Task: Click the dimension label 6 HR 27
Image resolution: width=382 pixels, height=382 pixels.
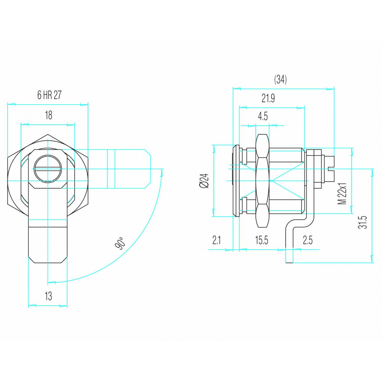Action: pyautogui.click(x=49, y=95)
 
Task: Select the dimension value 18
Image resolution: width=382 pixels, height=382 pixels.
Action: pyautogui.click(x=49, y=115)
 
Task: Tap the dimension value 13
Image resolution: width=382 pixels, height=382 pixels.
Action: pyautogui.click(x=48, y=296)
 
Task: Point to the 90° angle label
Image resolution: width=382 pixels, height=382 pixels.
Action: pyautogui.click(x=120, y=243)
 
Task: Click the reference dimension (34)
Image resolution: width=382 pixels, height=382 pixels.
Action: pyautogui.click(x=280, y=79)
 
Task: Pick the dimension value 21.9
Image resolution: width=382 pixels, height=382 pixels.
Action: pyautogui.click(x=268, y=99)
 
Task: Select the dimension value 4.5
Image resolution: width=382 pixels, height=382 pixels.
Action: pyautogui.click(x=263, y=117)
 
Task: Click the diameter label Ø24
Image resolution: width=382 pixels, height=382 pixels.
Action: pyautogui.click(x=204, y=181)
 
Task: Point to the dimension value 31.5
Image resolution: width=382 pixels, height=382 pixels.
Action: pyautogui.click(x=363, y=222)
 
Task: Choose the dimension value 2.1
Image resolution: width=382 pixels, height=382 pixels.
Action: pyautogui.click(x=216, y=240)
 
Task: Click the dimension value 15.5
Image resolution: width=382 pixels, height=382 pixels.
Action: pyautogui.click(x=261, y=240)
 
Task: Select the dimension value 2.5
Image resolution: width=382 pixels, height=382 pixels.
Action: pyautogui.click(x=308, y=240)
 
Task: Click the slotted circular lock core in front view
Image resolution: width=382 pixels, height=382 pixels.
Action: pyautogui.click(x=48, y=169)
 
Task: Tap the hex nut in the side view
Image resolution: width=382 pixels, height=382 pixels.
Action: pyautogui.click(x=262, y=181)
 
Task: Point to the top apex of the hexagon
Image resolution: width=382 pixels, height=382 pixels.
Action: pyautogui.click(x=48, y=134)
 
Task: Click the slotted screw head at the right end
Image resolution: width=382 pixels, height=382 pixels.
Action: pyautogui.click(x=329, y=168)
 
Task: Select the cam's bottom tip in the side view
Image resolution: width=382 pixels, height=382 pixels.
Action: pyautogui.click(x=289, y=263)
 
